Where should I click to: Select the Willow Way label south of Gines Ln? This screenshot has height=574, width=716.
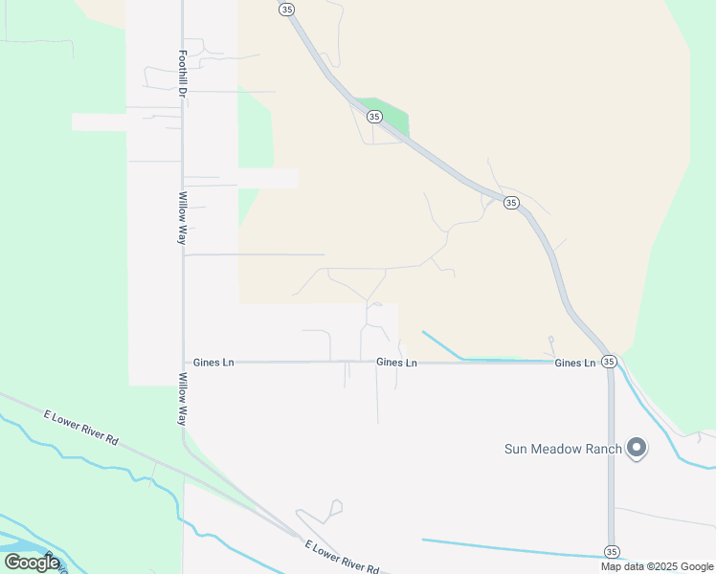point(181,400)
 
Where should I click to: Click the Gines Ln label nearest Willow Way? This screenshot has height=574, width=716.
point(213,363)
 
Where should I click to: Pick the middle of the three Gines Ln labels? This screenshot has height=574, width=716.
point(396,363)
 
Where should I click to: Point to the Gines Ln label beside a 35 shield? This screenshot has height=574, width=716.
point(574,363)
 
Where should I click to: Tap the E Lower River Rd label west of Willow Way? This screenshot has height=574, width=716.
point(80,428)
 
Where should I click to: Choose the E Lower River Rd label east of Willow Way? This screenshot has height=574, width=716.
point(343,557)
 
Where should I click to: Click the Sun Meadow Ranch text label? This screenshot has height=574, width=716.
point(564,448)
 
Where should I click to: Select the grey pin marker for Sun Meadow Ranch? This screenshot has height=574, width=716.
point(637,447)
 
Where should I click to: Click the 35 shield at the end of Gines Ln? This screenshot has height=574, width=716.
point(608,362)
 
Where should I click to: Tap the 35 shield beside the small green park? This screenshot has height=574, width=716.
point(374,117)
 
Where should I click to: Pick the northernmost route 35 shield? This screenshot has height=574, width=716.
point(286,9)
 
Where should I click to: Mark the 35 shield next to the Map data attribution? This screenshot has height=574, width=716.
point(612,552)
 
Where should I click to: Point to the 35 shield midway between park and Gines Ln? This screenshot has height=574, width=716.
point(511,203)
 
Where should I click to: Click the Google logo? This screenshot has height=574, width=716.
point(33,563)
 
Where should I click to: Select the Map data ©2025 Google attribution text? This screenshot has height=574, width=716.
point(657,566)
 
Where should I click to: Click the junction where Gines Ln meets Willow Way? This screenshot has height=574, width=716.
point(183,363)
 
